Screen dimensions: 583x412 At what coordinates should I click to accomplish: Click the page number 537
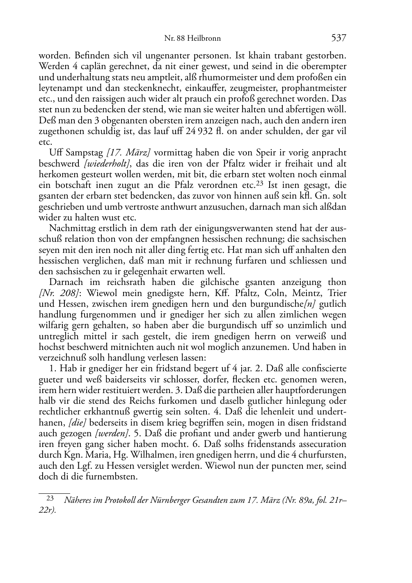coord(339,38)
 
